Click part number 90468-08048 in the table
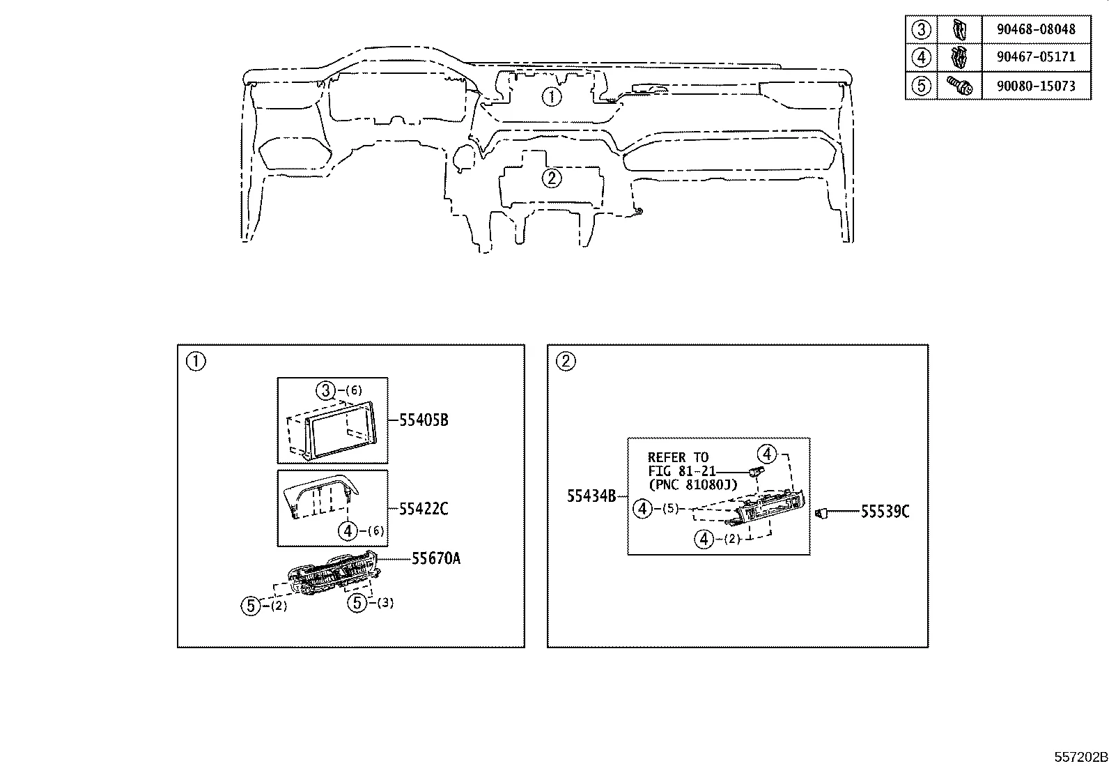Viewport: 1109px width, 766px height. [1035, 29]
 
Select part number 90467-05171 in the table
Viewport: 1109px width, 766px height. [1035, 56]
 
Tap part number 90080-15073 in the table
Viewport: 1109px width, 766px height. [1035, 86]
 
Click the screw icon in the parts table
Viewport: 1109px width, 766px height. [959, 86]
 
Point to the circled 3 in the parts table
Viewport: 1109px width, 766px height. [922, 29]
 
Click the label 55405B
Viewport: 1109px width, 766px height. [424, 420]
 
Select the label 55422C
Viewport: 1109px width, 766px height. [424, 509]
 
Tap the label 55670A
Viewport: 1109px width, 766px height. [435, 558]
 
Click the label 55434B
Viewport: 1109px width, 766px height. [591, 496]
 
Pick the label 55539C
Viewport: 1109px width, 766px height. [885, 512]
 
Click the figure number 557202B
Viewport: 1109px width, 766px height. [1080, 757]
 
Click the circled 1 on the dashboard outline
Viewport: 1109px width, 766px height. [551, 97]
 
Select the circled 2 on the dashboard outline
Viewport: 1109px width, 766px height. [551, 178]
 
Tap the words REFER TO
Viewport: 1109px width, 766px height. [677, 458]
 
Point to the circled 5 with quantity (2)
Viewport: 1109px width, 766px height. [251, 606]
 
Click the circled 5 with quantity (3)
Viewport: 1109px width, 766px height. [357, 602]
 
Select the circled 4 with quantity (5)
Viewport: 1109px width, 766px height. [642, 509]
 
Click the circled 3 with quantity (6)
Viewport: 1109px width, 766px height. [326, 390]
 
